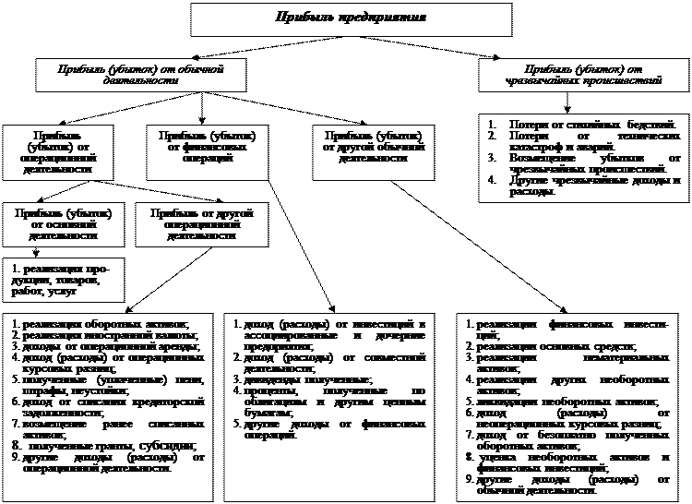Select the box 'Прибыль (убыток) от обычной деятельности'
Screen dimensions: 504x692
(128, 74)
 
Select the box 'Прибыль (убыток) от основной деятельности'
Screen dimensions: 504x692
(64, 222)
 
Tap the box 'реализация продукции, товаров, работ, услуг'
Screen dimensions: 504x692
(62, 279)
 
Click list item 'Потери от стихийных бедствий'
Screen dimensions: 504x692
(591, 125)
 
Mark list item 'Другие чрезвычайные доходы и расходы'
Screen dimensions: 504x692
(591, 186)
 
